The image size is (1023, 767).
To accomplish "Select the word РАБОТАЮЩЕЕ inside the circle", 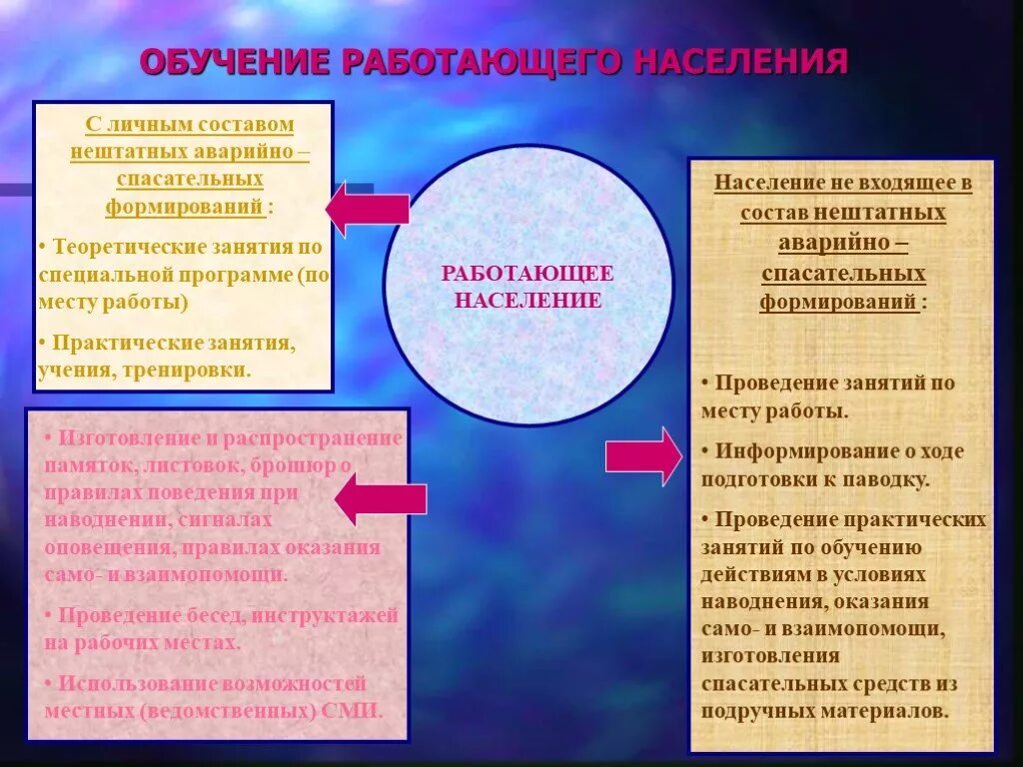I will pos(527,274).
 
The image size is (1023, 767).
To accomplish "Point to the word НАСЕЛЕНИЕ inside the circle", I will pos(527,300).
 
